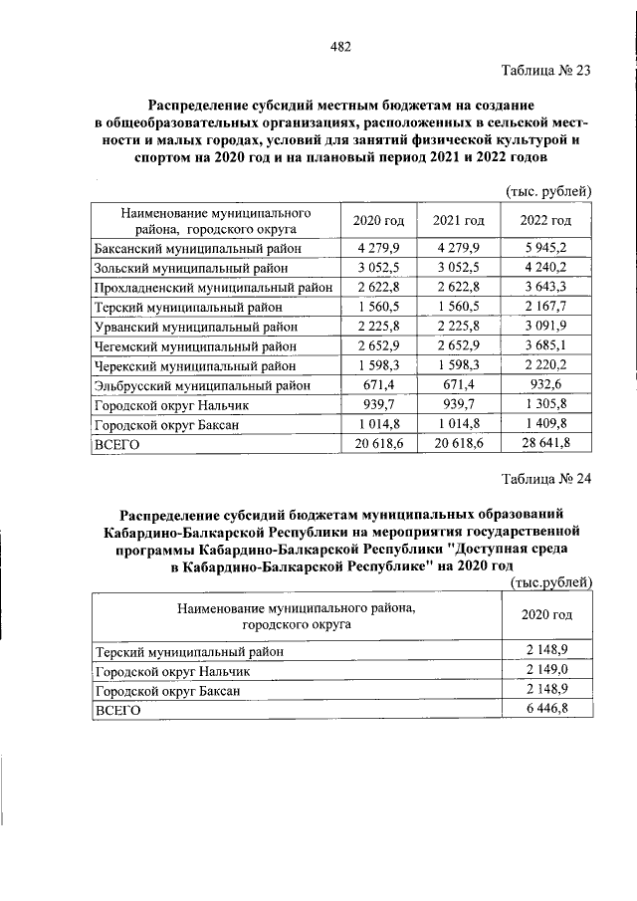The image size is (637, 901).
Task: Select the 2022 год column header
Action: point(545,220)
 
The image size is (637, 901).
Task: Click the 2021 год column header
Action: point(458,220)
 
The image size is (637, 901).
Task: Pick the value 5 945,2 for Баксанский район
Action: point(545,248)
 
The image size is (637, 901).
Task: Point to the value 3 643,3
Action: point(545,288)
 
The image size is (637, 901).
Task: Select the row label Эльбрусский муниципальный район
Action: point(202,385)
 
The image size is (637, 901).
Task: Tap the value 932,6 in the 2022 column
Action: point(545,385)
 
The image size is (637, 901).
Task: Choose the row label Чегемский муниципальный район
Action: point(194,346)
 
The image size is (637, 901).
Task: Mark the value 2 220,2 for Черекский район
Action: point(545,365)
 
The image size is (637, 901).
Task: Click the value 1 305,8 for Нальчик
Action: point(545,405)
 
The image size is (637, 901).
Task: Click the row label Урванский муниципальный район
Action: point(193,327)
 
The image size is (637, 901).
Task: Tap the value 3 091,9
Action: point(545,327)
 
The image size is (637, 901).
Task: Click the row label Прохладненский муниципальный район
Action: point(211,288)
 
